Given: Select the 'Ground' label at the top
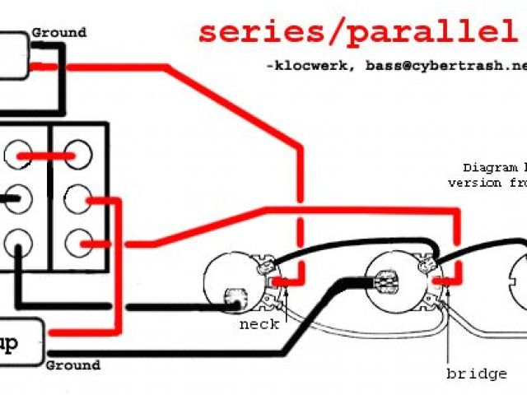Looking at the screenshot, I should click(x=58, y=33).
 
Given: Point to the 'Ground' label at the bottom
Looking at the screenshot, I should click(x=73, y=365).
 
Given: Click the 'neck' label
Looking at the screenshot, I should click(x=259, y=323).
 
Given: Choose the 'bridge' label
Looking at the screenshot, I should click(x=477, y=374).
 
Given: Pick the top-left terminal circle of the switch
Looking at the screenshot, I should click(x=18, y=154).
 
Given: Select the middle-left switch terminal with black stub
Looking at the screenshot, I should click(x=18, y=197).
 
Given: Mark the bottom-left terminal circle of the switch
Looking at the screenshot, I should click(x=18, y=242).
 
